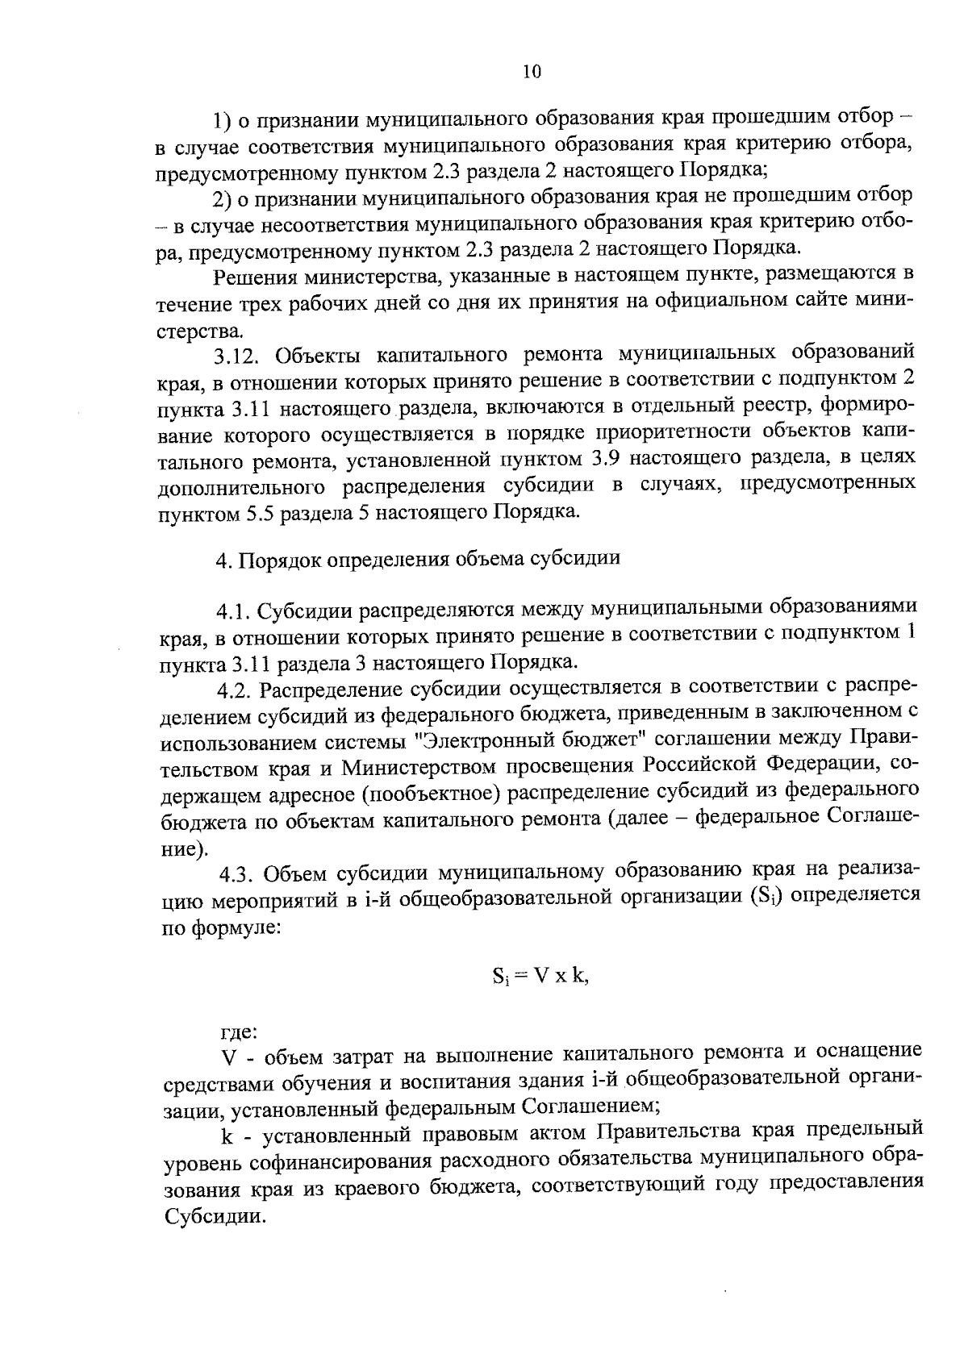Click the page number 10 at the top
pyautogui.click(x=532, y=72)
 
